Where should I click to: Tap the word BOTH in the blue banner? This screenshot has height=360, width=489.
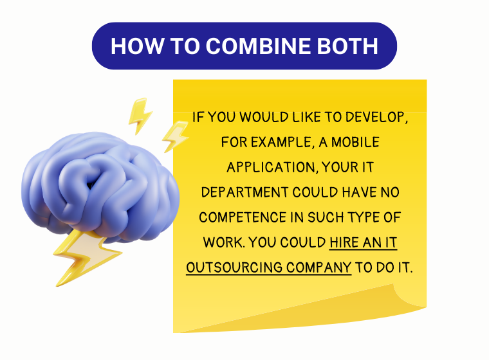coord(347,46)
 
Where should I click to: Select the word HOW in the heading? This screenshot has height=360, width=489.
coord(137,46)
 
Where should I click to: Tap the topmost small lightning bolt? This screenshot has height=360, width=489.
coord(140,116)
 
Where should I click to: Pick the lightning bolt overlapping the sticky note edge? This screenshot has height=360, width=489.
coord(176,136)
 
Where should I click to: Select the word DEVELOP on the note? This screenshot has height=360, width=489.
coord(376,118)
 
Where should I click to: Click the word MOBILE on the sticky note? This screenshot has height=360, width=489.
coord(355,143)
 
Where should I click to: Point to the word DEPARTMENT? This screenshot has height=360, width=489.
coord(244,192)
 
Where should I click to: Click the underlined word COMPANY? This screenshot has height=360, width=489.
coord(319,267)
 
